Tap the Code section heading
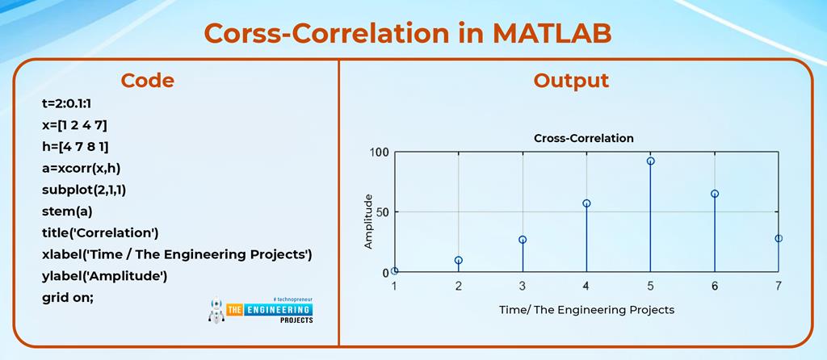tap(147, 80)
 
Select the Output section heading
tap(571, 80)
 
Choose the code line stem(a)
tap(67, 211)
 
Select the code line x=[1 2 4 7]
tap(74, 124)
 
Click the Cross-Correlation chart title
tap(584, 138)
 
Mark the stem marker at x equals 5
tap(650, 161)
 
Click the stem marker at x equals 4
tap(586, 203)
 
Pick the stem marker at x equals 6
tap(715, 194)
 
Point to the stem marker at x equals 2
tap(459, 261)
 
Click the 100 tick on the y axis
tap(379, 153)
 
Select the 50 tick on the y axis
tap(381, 212)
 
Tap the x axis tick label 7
tap(778, 287)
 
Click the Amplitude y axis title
tap(369, 221)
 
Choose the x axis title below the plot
tap(586, 309)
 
